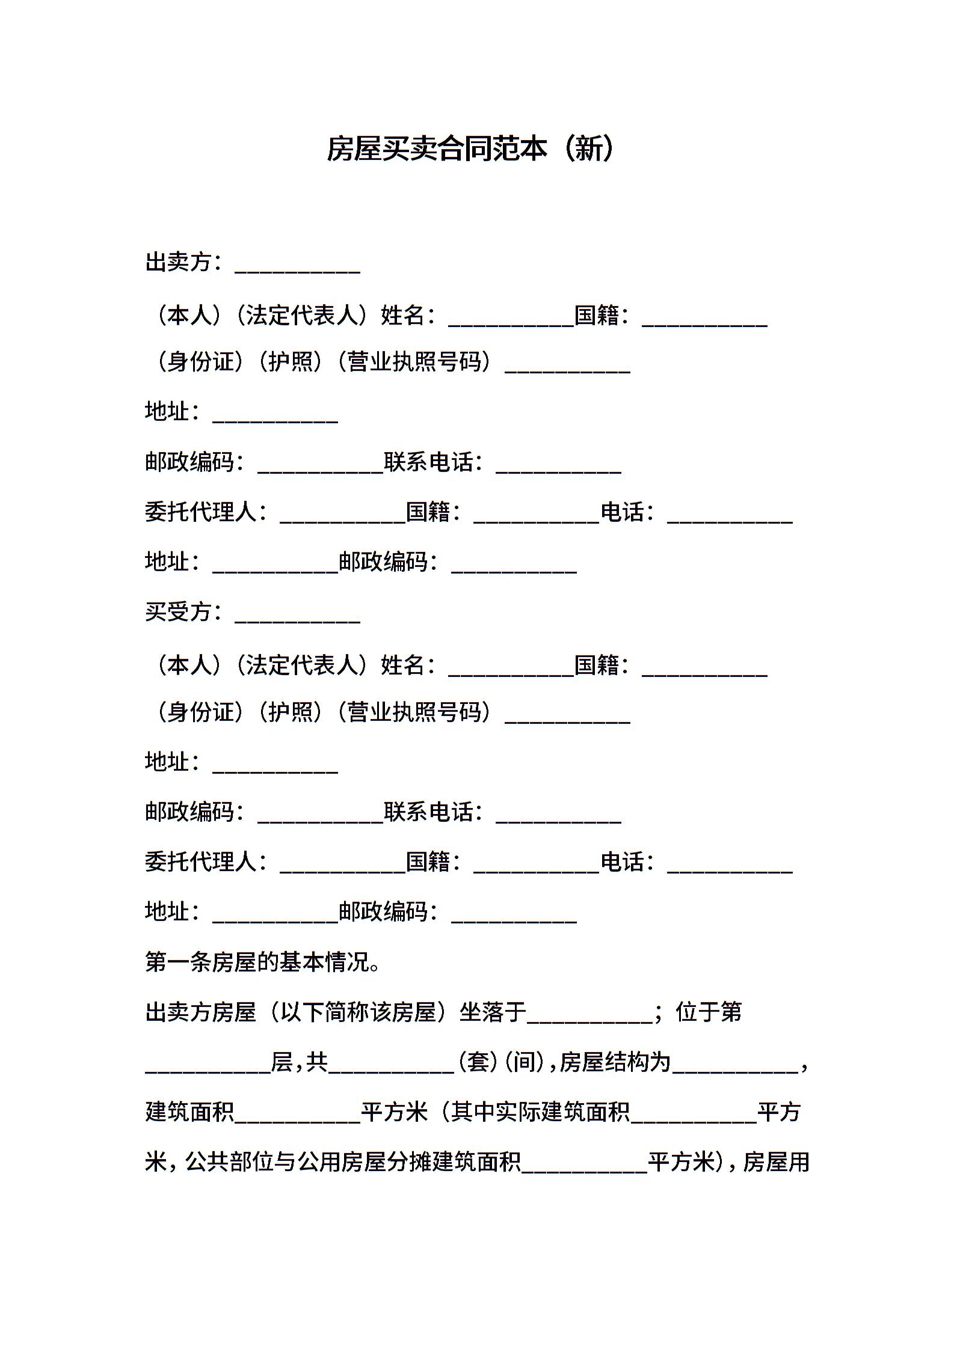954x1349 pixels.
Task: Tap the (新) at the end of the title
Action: [x=589, y=148]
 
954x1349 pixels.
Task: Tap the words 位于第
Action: [x=709, y=1012]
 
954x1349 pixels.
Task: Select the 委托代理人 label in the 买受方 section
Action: [x=201, y=862]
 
